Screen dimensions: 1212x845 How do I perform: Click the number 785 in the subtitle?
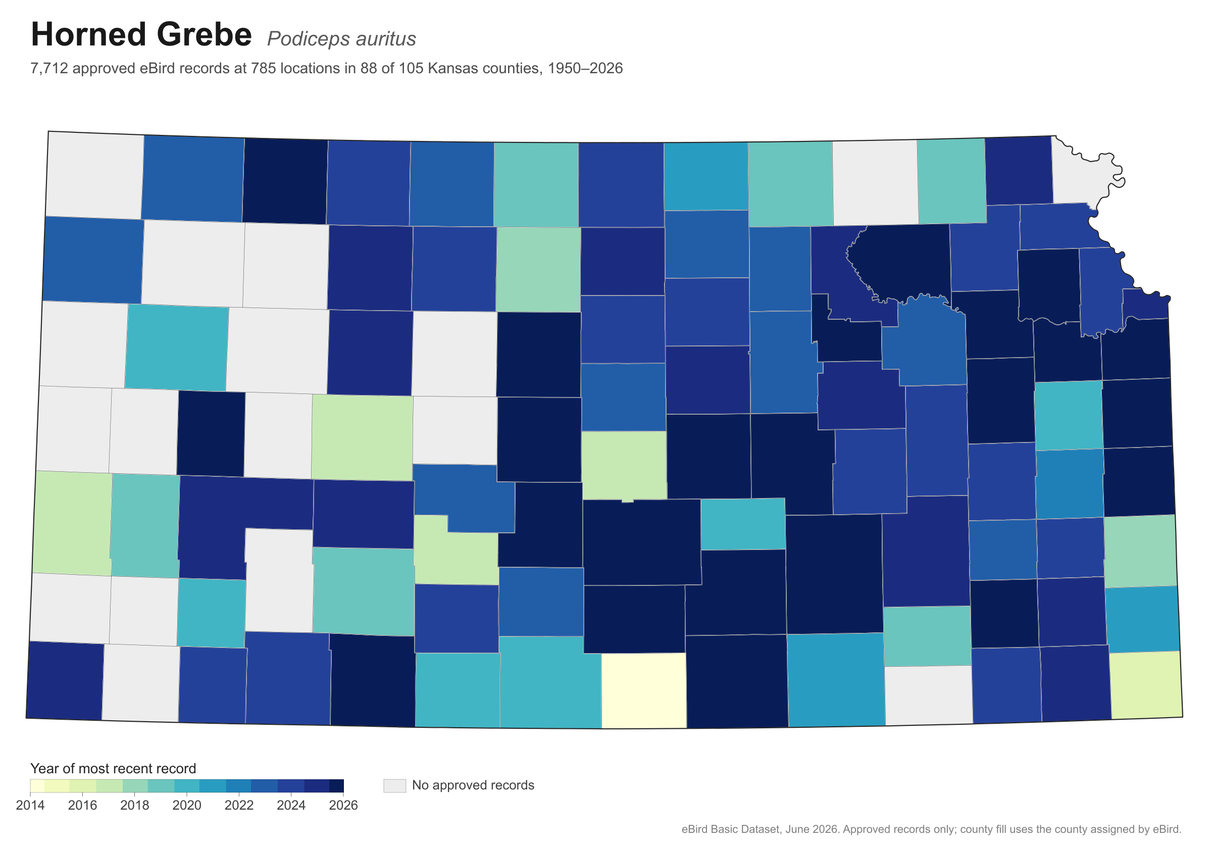pos(263,69)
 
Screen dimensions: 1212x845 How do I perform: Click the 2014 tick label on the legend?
pos(30,805)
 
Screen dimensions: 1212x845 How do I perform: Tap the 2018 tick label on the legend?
pos(135,805)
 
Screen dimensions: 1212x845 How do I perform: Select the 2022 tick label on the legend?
pos(239,805)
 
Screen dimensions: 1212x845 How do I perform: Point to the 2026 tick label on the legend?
pos(343,805)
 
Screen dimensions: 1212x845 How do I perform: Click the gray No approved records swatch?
pos(394,785)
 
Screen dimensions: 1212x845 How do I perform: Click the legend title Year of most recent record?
pos(113,768)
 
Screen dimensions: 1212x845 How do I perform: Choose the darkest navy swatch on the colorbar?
pos(337,786)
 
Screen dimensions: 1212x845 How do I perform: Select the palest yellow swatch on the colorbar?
pos(37,786)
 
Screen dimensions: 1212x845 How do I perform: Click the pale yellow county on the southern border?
pos(644,690)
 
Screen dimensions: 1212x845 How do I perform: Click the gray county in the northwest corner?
pos(95,174)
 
